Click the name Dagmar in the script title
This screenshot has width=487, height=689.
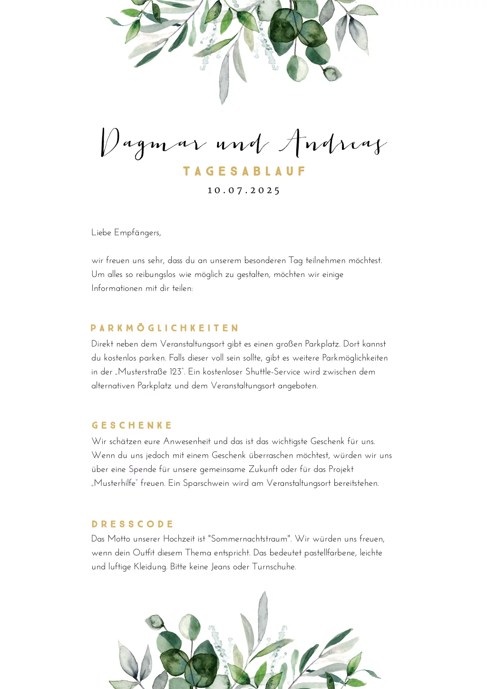(x=152, y=143)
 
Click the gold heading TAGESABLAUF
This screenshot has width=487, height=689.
(x=244, y=171)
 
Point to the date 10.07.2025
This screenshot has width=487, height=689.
(x=244, y=190)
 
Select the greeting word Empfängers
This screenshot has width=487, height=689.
(x=137, y=233)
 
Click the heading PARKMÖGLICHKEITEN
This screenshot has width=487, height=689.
(x=165, y=328)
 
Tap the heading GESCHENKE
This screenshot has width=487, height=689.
(x=132, y=425)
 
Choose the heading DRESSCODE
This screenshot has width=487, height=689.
(x=132, y=524)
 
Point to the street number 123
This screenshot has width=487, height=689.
(x=175, y=372)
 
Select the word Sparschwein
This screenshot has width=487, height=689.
(x=206, y=483)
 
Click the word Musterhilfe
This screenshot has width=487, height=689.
(x=114, y=483)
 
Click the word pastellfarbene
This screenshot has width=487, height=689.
(x=330, y=553)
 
